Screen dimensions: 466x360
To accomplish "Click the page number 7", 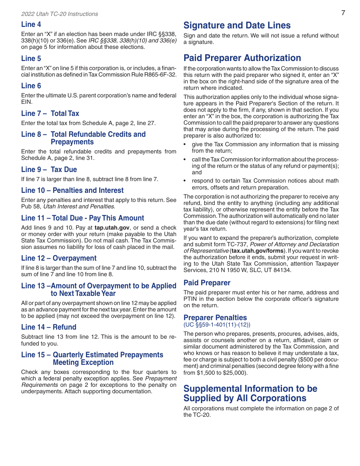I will pyautogui.click(x=343, y=13).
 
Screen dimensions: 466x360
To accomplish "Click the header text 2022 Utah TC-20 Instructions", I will pyautogui.click(x=59, y=14).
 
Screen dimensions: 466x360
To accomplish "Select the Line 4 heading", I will pyautogui.click(x=31, y=25).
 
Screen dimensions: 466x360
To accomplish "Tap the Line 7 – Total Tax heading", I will pyautogui.click(x=50, y=113).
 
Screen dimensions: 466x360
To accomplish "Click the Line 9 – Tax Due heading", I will pyautogui.click(x=49, y=169).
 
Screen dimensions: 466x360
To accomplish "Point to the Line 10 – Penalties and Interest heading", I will pyautogui.click(x=72, y=190).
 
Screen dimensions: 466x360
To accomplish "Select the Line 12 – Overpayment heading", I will pyautogui.click(x=59, y=258).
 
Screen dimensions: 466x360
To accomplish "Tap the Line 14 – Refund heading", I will pyautogui.click(x=49, y=327).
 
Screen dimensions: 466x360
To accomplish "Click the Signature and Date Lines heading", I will pyautogui.click(x=237, y=25).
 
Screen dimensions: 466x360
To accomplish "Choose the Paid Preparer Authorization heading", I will pyautogui.click(x=242, y=58).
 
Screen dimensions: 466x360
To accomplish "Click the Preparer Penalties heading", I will pyautogui.click(x=215, y=317).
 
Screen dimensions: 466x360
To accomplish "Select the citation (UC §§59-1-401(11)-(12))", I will pyautogui.click(x=217, y=325).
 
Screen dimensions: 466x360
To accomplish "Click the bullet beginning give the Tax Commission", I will pyautogui.click(x=265, y=147).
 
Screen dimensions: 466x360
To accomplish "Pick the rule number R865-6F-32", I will pyautogui.click(x=159, y=75).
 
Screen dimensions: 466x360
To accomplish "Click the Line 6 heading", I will pyautogui.click(x=31, y=86).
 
